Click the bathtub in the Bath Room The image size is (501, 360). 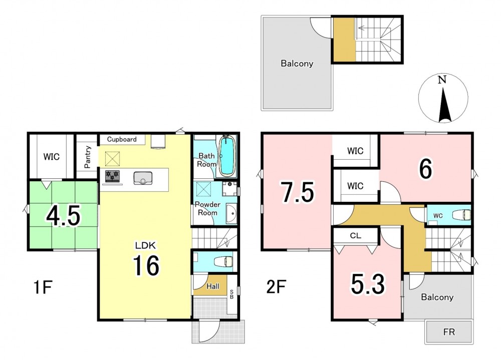pos(227,156)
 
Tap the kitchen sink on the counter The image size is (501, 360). pos(143,178)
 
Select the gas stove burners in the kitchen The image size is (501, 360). pos(112,176)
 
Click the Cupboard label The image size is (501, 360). pos(122,139)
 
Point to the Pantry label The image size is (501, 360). pos(87,157)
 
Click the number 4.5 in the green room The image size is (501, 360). pos(63,216)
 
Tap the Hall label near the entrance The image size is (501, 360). pos(213,286)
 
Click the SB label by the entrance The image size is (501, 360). pos(231,294)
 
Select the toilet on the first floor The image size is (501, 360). pos(225,262)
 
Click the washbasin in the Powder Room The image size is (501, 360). pos(231,213)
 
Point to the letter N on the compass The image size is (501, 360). pos(442,80)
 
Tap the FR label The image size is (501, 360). pos(449,332)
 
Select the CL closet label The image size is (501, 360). pos(356,236)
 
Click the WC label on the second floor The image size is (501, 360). pos(438,216)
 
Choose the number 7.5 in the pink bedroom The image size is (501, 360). pos(298,192)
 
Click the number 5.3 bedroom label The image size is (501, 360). pos(368,284)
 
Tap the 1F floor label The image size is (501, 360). pos(43,287)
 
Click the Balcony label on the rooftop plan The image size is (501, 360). pos(297,63)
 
